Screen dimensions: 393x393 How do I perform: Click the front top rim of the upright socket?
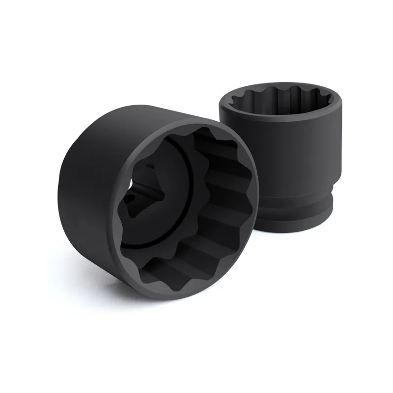(x=280, y=118)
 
